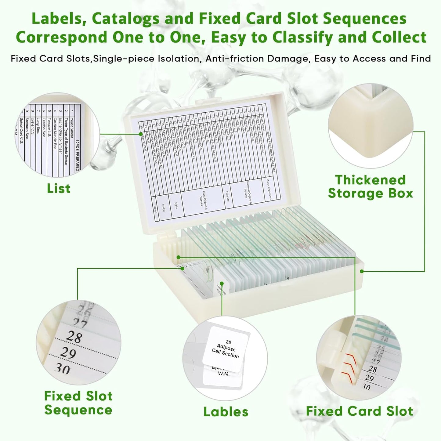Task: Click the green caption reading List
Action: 59,188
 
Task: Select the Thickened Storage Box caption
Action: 370,186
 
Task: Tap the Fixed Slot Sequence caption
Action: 78,403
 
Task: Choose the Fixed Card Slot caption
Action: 359,411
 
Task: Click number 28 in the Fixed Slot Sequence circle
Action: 74,337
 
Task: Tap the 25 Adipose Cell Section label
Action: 226,349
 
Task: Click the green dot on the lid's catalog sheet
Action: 141,134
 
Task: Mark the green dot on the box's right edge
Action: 362,271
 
